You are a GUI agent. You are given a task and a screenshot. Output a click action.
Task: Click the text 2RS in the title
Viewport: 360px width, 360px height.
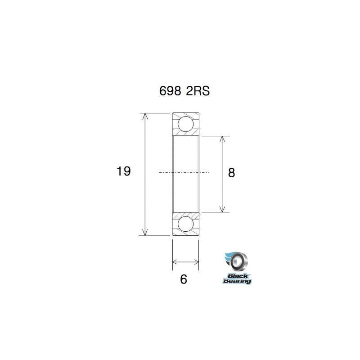coord(196,91)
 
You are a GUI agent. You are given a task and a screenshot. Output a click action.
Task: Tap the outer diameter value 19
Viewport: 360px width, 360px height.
coord(123,171)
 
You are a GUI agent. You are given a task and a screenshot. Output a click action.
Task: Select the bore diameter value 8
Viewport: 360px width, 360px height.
coord(232,173)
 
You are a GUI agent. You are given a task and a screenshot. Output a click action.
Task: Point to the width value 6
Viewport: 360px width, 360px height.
coord(183,279)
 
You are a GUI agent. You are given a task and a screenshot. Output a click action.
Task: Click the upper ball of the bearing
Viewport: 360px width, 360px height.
coord(185,123)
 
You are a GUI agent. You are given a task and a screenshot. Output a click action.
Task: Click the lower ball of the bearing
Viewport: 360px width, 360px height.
coord(185,224)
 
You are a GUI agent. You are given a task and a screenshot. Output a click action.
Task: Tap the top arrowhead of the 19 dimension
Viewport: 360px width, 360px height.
coord(145,116)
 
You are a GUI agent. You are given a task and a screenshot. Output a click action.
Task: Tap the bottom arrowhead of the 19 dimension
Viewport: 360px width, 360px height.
coord(145,232)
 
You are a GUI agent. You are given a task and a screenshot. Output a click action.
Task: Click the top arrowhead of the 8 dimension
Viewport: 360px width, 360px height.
coord(222,139)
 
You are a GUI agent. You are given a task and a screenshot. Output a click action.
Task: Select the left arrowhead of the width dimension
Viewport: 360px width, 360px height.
coord(175,261)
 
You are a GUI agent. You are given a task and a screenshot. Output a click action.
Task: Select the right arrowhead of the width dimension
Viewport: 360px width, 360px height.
coord(196,261)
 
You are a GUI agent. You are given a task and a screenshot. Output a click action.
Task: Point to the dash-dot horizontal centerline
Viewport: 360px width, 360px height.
coord(184,173)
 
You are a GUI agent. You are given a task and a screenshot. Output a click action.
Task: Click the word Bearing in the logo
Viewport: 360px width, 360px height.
coord(237,281)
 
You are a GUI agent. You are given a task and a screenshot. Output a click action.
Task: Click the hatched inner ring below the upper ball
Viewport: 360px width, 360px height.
coord(185,134)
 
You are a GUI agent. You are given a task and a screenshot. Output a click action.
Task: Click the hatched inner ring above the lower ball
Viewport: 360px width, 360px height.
coord(185,214)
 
